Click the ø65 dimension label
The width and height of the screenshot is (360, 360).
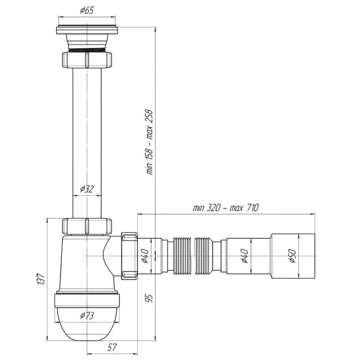click(87, 11)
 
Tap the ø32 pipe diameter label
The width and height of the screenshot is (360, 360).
click(87, 189)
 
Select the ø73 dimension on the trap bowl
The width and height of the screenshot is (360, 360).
click(87, 316)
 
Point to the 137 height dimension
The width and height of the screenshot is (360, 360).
click(41, 279)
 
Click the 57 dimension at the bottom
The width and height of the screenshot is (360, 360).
click(112, 347)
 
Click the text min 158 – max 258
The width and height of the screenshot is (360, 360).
click(149, 142)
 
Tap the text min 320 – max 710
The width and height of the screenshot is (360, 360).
click(226, 207)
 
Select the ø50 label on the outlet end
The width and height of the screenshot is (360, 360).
click(293, 256)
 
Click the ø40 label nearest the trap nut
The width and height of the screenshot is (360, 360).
click(145, 256)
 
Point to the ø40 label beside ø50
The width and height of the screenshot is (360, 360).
click(245, 256)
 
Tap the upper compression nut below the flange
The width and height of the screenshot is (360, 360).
click(87, 60)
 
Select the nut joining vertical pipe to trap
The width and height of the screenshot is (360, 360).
click(87, 227)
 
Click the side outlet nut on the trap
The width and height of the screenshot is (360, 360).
click(129, 256)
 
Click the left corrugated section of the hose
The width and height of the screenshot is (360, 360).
click(182, 256)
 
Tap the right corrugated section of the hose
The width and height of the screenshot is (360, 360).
click(204, 256)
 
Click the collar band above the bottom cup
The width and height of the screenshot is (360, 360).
click(87, 300)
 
